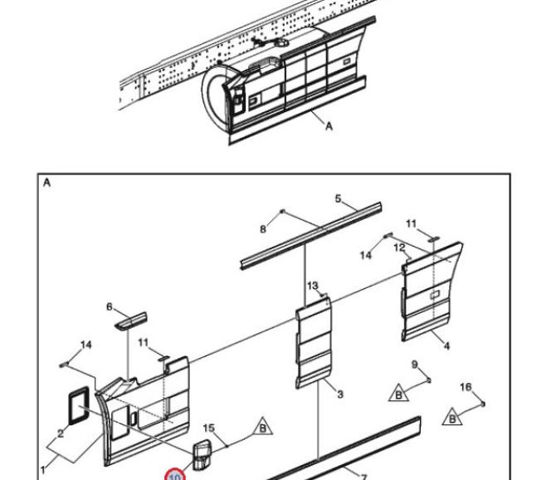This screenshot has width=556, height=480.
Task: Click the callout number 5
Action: tap(338, 198)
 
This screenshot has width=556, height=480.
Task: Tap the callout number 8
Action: tap(263, 229)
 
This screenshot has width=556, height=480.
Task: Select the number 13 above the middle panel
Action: tap(313, 286)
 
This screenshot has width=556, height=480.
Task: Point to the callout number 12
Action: tap(400, 247)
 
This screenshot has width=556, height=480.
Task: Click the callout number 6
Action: tap(110, 307)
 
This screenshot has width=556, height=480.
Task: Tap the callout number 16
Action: tap(466, 387)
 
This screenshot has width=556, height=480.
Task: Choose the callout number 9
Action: tap(415, 365)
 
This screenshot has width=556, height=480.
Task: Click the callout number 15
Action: tap(209, 429)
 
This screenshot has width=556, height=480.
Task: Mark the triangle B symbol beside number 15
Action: tap(263, 427)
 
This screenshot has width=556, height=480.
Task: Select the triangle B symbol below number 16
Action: tap(452, 418)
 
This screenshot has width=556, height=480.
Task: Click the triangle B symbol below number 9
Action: tap(398, 393)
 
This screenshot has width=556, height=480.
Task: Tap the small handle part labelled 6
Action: tap(130, 321)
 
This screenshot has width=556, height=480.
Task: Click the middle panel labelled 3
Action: tap(314, 343)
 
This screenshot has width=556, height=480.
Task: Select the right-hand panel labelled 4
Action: tap(431, 292)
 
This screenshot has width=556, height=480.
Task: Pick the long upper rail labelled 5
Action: tap(311, 236)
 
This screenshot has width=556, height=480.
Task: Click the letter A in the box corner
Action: tap(46, 183)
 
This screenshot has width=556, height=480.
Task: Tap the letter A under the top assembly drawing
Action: tap(329, 126)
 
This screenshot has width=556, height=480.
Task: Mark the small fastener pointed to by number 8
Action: tap(283, 212)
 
